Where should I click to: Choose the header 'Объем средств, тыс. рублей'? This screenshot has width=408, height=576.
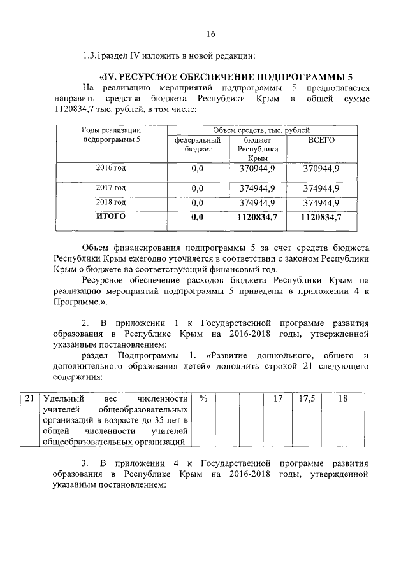tap(258, 130)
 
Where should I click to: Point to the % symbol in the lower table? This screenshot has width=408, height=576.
tap(203, 398)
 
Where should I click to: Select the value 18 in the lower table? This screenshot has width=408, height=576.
tap(343, 398)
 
